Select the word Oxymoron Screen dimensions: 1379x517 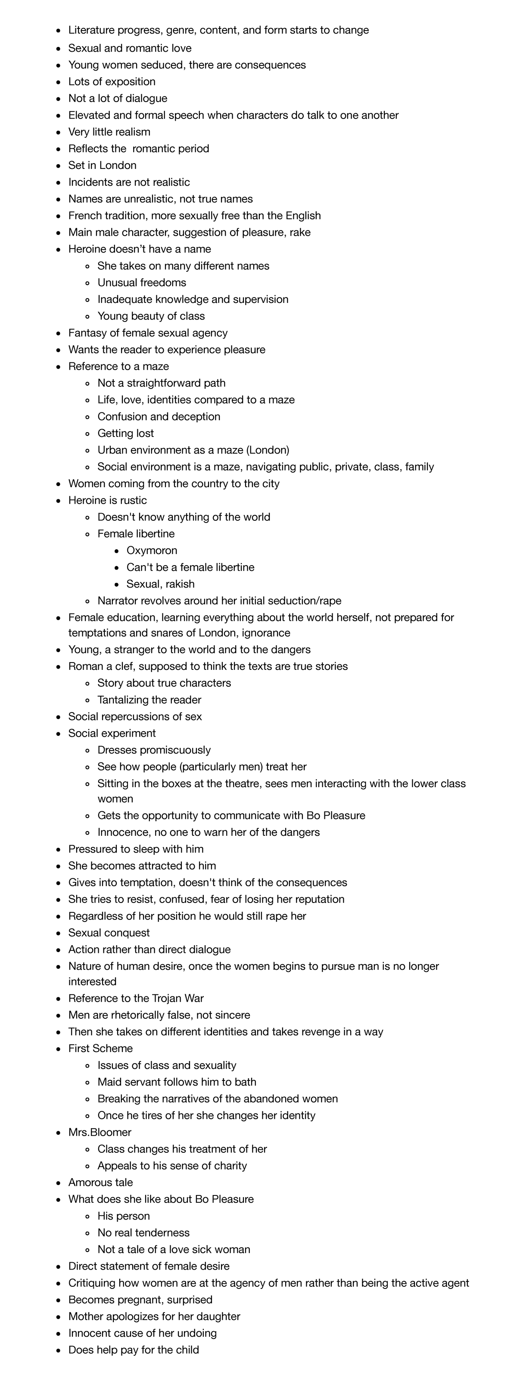pos(152,550)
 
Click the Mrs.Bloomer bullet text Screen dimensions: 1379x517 pos(100,1132)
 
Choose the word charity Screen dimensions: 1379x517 pos(228,1165)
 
